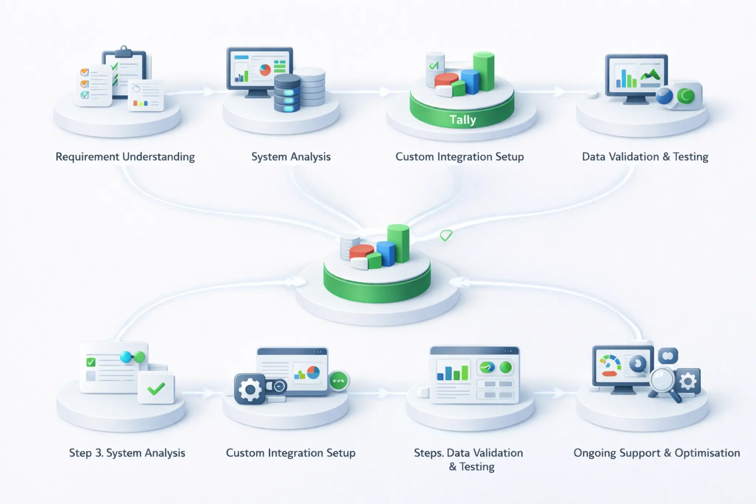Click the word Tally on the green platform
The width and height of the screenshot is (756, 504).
click(x=463, y=120)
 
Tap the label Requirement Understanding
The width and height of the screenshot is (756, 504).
click(x=125, y=157)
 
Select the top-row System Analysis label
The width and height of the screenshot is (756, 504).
click(x=291, y=157)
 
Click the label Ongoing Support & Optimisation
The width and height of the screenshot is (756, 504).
click(x=656, y=453)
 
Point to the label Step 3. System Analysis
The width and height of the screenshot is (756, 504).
click(x=127, y=453)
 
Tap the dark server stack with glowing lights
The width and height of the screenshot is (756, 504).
click(x=287, y=92)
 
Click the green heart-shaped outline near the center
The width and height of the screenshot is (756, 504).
click(x=446, y=235)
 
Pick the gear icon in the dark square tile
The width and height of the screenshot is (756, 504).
click(x=250, y=389)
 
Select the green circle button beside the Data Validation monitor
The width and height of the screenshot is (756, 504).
click(x=686, y=96)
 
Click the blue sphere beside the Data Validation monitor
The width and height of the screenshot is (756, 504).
click(x=664, y=96)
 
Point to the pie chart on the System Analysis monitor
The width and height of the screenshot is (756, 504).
click(x=265, y=70)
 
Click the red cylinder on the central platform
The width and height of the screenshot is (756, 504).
click(x=361, y=251)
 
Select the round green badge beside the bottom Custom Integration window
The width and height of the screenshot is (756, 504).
click(x=339, y=381)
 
